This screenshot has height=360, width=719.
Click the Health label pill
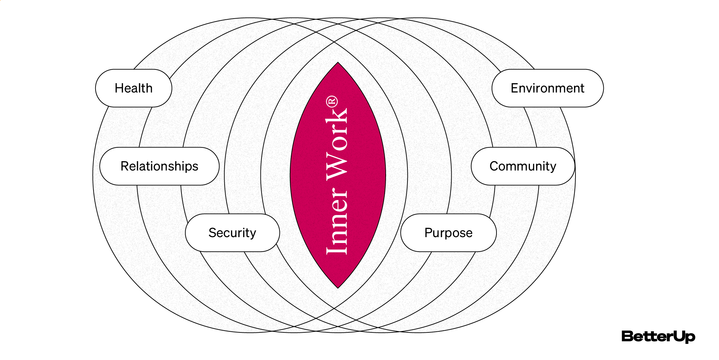coord(134,88)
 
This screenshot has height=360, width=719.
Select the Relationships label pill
coord(159,166)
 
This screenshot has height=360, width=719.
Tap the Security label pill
coord(232,233)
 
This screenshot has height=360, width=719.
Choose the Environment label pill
coord(548,88)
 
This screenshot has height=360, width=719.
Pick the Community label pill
coord(523,166)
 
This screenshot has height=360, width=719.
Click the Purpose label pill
coord(448,233)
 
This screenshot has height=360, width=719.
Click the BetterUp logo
coord(658,337)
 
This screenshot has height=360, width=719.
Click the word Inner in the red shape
coord(337,221)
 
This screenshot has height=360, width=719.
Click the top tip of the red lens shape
coord(338,63)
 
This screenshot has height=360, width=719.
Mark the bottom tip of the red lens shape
coord(338,287)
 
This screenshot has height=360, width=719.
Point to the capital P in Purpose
coord(428,233)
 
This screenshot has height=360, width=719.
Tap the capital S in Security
coord(213,233)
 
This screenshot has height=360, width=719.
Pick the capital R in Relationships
coord(125,166)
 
